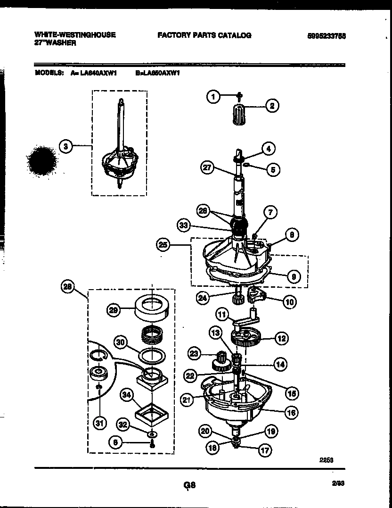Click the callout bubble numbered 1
[x=213, y=97]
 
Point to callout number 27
[x=208, y=167]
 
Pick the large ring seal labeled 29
[x=153, y=309]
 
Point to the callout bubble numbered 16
[x=291, y=413]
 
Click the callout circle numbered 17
[x=265, y=450]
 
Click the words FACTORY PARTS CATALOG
[x=204, y=35]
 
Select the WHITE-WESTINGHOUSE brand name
[x=75, y=35]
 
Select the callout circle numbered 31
[x=99, y=423]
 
